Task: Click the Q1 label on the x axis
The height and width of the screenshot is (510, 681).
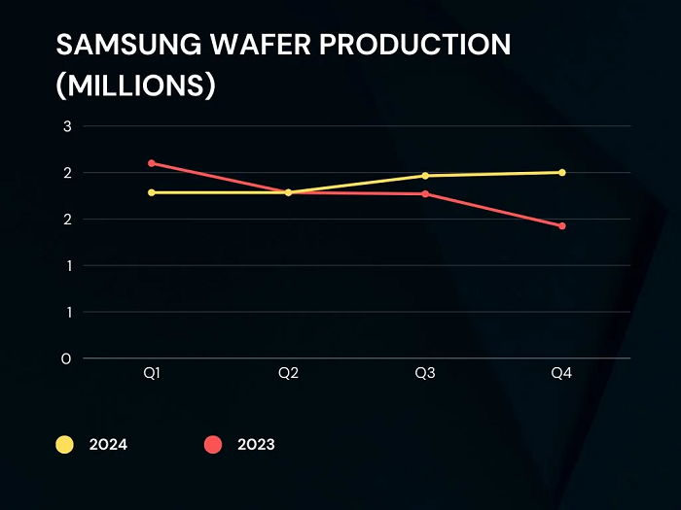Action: click(x=152, y=374)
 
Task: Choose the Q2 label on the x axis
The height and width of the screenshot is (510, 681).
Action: click(x=288, y=374)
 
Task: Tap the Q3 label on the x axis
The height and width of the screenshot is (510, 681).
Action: click(x=425, y=374)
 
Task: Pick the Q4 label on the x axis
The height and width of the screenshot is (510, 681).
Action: click(x=561, y=374)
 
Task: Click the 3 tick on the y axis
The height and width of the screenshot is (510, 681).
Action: click(x=67, y=126)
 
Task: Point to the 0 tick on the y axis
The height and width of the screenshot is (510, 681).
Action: click(x=67, y=358)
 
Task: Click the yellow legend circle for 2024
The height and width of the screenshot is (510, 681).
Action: click(x=65, y=445)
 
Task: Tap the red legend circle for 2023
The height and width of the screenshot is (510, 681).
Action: click(x=213, y=445)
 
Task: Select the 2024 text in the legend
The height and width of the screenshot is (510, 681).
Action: click(x=108, y=445)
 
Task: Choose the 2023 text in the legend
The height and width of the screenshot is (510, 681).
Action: click(x=256, y=445)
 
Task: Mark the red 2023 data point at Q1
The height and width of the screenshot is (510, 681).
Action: click(x=152, y=163)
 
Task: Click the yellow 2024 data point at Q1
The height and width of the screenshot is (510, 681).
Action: click(x=152, y=192)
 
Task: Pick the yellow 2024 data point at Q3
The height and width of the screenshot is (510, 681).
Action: click(x=425, y=176)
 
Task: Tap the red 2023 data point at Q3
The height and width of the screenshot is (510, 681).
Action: click(x=425, y=194)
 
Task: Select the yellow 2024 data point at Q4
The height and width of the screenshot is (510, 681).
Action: click(x=562, y=173)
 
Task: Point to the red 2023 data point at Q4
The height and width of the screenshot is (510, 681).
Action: click(x=562, y=226)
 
